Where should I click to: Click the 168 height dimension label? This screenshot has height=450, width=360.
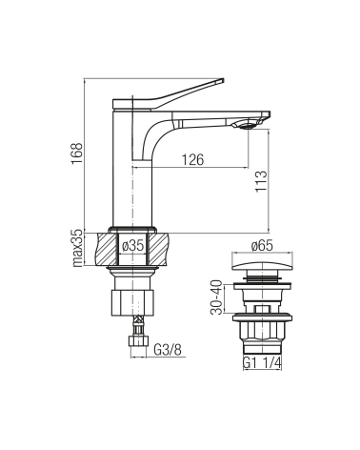tap(77, 153)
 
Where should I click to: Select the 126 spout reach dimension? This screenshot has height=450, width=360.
tap(192, 159)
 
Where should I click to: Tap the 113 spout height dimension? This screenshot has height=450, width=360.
tap(261, 181)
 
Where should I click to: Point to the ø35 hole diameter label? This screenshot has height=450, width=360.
tap(133, 246)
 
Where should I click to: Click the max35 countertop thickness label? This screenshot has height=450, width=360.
tap(77, 249)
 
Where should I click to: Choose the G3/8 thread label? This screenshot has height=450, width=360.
tap(168, 350)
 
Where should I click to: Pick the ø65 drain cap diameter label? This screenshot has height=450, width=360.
tap(262, 246)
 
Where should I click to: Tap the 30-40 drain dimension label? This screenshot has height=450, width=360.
tap(217, 297)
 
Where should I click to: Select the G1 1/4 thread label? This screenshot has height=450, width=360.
tap(262, 362)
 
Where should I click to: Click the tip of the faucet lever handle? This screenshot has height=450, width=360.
tap(223, 79)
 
